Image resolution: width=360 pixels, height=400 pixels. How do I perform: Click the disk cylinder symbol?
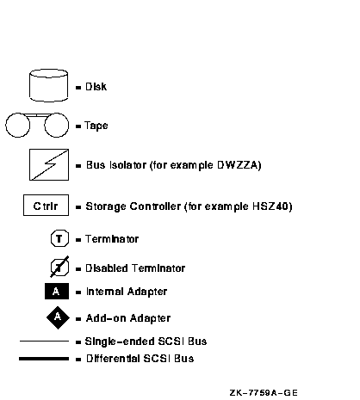pos(49,85)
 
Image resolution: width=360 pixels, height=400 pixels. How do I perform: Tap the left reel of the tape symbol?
pos(17,125)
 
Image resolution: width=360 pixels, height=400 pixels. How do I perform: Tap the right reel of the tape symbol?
pos(57,125)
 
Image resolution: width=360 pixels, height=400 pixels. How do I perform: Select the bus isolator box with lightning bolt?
pos(49,164)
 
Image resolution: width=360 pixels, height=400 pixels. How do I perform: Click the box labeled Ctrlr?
pos(46,205)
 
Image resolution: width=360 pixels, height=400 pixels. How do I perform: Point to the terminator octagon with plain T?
pos(59,238)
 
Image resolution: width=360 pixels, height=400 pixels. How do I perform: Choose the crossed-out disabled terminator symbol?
pos(59,267)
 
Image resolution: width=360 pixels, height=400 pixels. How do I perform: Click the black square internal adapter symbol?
pos(57,291)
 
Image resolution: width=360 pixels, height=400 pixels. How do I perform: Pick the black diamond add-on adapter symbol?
pos(58,317)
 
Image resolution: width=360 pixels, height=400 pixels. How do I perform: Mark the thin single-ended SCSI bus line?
pos(44,342)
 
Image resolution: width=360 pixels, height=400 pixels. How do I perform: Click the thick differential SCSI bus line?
pos(44,359)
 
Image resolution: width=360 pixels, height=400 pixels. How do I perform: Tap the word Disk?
pos(96,87)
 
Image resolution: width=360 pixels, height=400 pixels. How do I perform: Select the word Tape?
pos(96,126)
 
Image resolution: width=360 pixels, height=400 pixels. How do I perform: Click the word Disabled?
pos(107,268)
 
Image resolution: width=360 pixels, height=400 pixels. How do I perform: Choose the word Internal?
pos(105,292)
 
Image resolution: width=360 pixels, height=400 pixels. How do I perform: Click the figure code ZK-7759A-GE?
pos(264,392)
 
